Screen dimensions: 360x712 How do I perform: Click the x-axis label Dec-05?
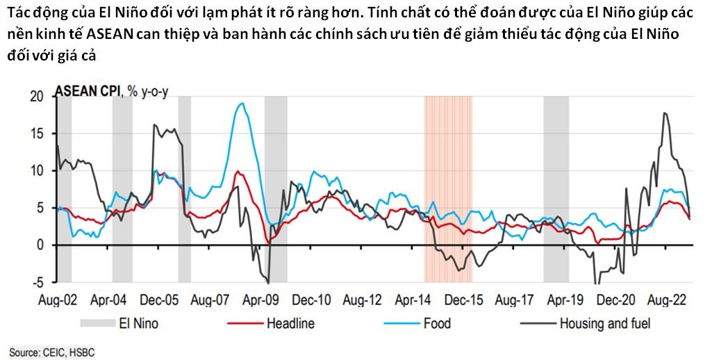point(160,302)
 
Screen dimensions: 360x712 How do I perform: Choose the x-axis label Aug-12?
point(362,302)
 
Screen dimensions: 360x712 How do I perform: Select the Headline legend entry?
point(290,323)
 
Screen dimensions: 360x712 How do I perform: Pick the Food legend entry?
point(437,323)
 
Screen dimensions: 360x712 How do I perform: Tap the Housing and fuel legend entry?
point(604,323)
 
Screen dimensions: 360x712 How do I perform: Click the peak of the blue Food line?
point(241,104)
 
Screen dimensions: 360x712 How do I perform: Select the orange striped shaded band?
point(448,188)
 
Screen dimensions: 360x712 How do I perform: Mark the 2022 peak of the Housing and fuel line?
point(665,113)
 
